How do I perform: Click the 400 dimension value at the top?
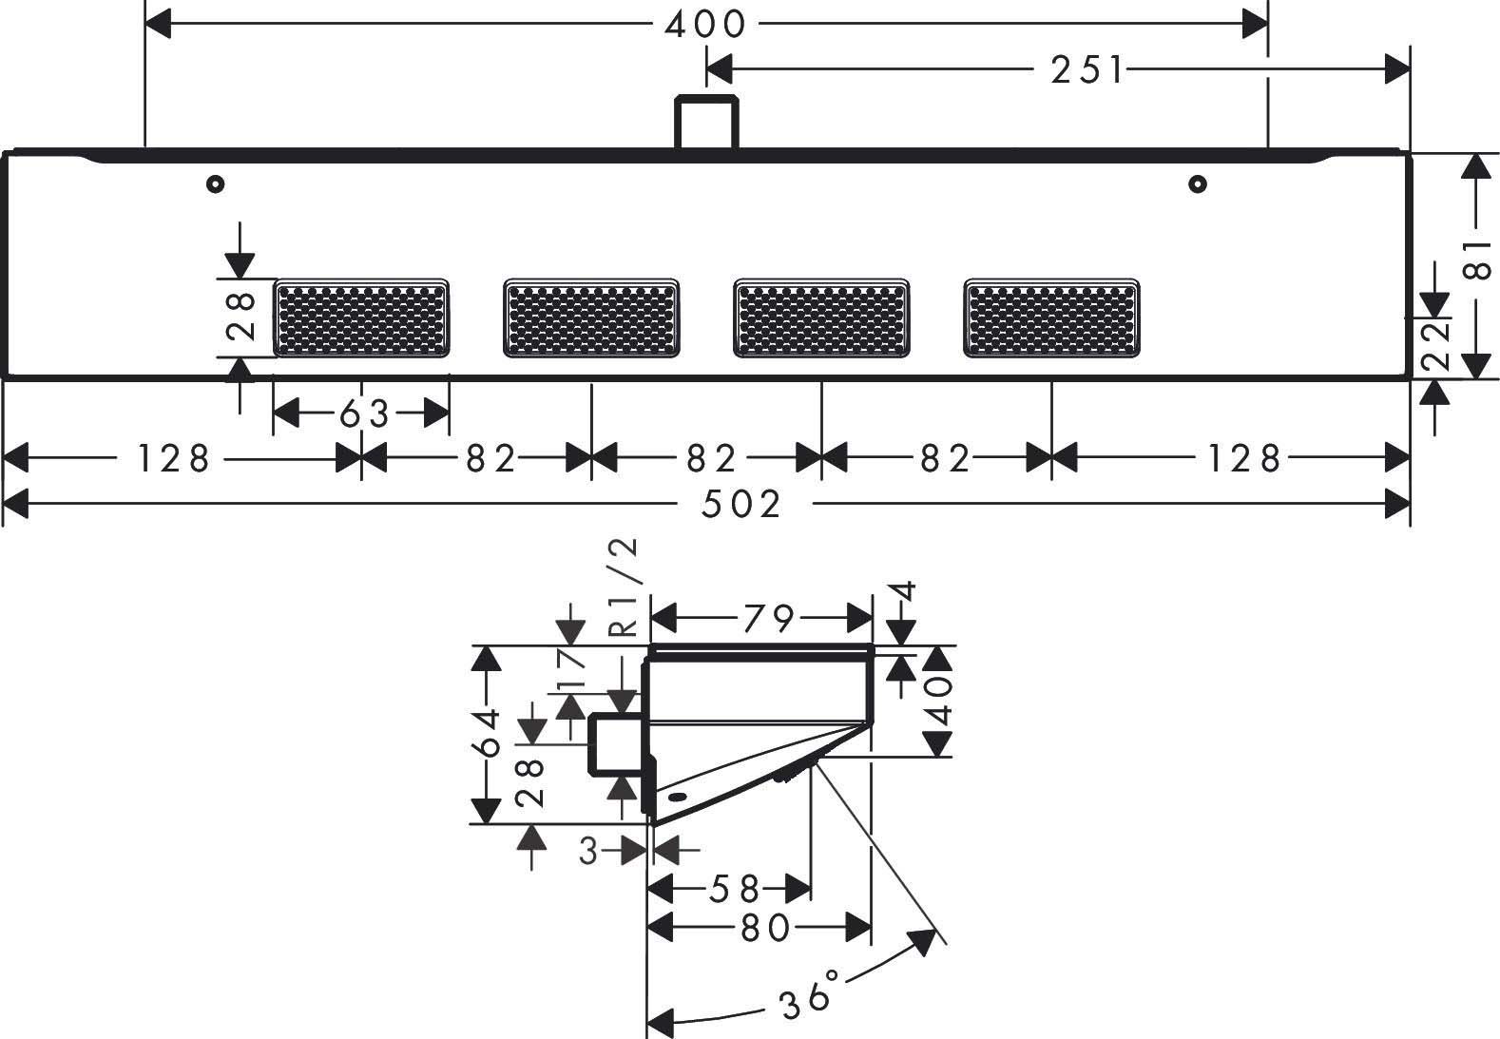coord(704,25)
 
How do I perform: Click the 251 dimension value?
coord(1087,69)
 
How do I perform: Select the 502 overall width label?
coord(740,504)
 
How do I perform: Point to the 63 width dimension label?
coord(364,414)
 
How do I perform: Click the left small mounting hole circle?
coord(215,183)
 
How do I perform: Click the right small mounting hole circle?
coord(1198,183)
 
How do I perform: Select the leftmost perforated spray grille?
coord(361,318)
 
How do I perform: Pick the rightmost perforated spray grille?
coord(1051,318)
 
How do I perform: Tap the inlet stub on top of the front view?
coord(706,121)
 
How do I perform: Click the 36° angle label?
coord(810,994)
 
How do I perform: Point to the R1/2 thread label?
coord(622,587)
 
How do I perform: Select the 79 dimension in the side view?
coord(768,618)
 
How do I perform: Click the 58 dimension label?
coord(734,889)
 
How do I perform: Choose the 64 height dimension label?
coord(489,733)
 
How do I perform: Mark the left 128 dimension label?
coord(173,458)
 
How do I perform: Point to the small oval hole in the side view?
coord(677,797)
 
